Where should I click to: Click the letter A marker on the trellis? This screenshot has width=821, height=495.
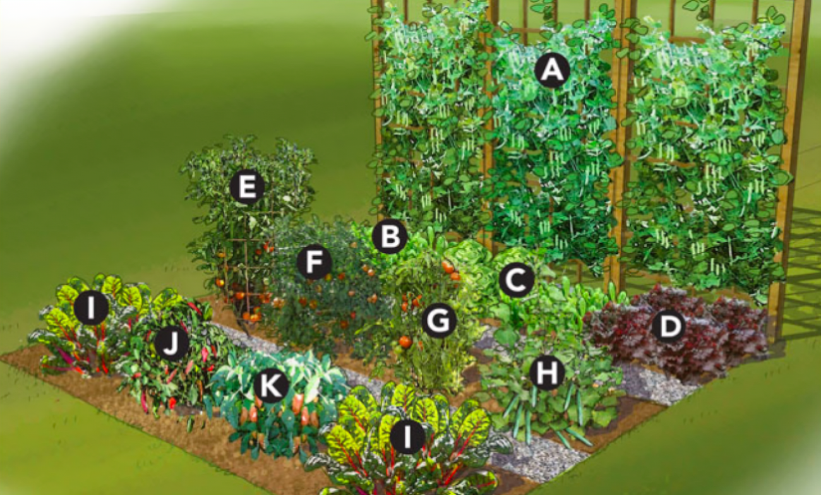pyautogui.click(x=553, y=70)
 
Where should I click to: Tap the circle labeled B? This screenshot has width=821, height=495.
pyautogui.click(x=390, y=237)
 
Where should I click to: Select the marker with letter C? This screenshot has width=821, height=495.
pyautogui.click(x=517, y=281)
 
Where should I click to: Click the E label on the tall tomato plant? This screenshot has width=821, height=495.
pyautogui.click(x=247, y=187)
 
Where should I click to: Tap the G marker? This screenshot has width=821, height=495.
pyautogui.click(x=438, y=322)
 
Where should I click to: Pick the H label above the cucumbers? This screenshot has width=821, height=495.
pyautogui.click(x=547, y=373)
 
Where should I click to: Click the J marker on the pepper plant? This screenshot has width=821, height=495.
pyautogui.click(x=171, y=343)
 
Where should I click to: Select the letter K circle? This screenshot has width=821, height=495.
pyautogui.click(x=271, y=386)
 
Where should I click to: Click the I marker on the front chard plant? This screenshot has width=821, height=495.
pyautogui.click(x=407, y=437)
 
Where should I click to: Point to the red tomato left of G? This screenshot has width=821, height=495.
pyautogui.click(x=405, y=342)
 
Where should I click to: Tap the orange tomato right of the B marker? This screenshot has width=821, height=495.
pyautogui.click(x=448, y=267)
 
